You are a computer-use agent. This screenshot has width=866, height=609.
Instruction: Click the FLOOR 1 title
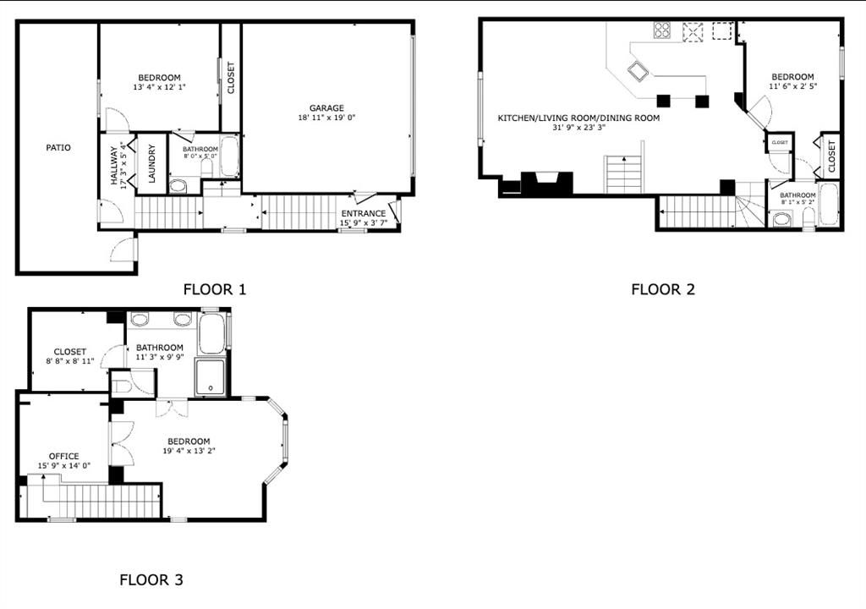tap(214, 289)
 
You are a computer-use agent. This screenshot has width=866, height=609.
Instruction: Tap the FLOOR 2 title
tap(663, 289)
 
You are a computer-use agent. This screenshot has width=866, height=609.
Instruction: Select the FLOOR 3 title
tap(151, 579)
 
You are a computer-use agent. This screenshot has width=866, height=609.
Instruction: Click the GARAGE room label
tap(326, 108)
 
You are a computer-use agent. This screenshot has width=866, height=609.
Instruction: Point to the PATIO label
tap(58, 147)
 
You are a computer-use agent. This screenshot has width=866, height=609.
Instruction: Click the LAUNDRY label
tap(152, 163)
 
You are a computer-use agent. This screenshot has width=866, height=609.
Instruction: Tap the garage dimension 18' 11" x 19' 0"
tap(326, 118)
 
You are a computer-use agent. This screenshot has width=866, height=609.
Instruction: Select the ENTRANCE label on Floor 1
tap(364, 213)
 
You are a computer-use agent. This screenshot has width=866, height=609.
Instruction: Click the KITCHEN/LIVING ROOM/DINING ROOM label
tap(578, 118)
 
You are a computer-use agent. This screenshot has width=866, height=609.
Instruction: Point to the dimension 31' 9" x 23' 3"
tap(578, 127)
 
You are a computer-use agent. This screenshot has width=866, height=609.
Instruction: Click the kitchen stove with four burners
tap(661, 30)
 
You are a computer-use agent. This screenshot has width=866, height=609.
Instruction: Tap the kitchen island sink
tap(638, 71)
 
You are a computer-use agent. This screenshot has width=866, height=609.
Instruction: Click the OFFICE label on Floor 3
tap(64, 457)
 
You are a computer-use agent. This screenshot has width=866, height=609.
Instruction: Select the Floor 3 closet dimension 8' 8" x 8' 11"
tap(70, 361)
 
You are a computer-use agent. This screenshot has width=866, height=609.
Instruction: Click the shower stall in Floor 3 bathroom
tap(210, 377)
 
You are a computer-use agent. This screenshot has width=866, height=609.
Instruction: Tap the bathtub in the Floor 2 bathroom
tap(828, 204)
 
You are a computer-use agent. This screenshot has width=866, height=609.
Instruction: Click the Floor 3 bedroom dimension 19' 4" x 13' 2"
tap(189, 450)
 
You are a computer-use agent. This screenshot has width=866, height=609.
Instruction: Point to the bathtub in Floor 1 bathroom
tap(230, 156)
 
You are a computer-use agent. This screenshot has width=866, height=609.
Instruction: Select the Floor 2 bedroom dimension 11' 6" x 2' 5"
tap(793, 86)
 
